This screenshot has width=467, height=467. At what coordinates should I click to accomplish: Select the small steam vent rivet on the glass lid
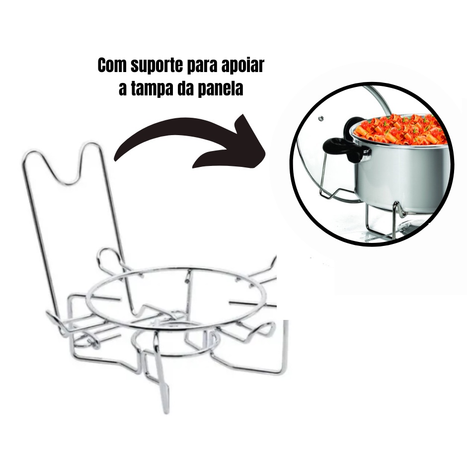point(321,119)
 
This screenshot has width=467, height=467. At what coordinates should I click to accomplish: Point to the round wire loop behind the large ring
point(108,249)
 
